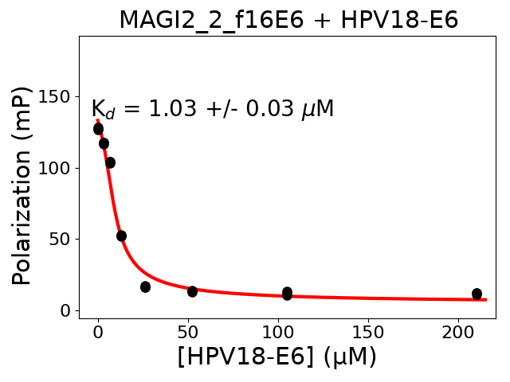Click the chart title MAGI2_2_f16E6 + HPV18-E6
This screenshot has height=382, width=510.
pos(288,20)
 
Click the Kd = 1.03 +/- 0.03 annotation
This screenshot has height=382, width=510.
pos(212,109)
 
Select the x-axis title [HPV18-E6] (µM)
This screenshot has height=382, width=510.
pos(277,357)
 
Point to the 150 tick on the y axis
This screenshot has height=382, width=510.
pos(57,97)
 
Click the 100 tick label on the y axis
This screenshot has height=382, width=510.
pos(57,168)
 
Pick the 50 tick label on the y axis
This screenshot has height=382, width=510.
pos(61,239)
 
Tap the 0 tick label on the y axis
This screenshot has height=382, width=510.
pos(66,310)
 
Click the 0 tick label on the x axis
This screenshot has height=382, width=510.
pos(98,331)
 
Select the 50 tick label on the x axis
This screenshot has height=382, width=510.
pos(188,331)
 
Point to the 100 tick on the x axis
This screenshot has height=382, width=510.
pos(278,331)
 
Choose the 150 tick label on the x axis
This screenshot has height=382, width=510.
pos(368,331)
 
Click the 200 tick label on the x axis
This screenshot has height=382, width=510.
pos(458,331)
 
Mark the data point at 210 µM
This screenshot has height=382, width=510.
pos(477,294)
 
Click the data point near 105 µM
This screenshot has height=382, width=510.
pos(287,294)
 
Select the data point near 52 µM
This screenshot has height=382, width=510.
pos(192,291)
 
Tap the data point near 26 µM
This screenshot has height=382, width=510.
pos(145,286)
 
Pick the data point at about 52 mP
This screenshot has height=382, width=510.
pos(121,236)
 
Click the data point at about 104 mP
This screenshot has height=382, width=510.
pos(110,162)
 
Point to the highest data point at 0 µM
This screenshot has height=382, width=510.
pos(98,128)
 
